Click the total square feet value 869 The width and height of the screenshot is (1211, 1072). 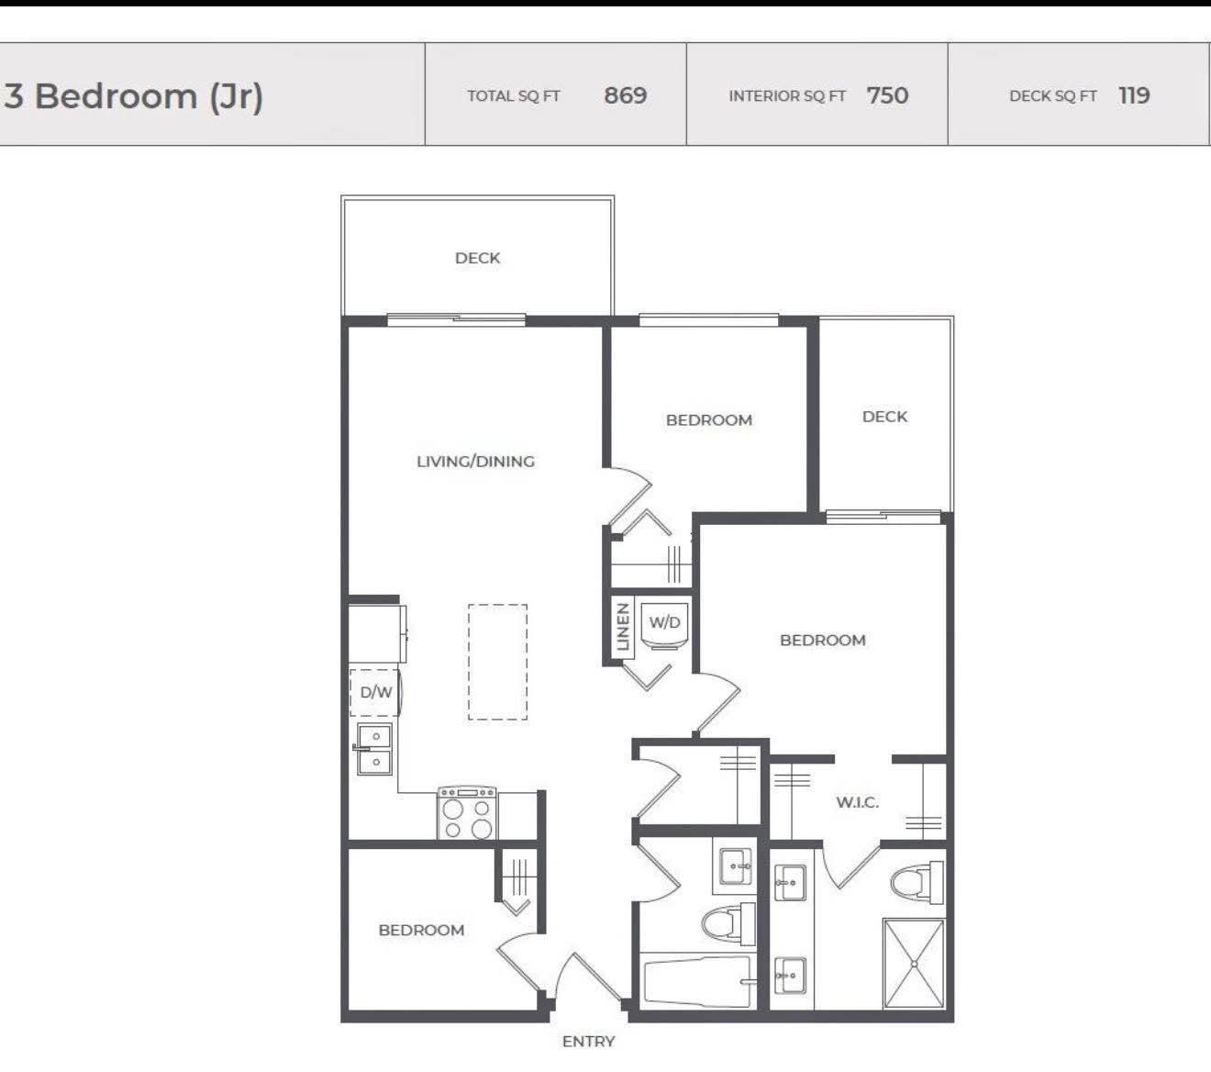tap(625, 95)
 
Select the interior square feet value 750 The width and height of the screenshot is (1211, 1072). tap(887, 95)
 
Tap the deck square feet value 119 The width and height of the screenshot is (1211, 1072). tap(1134, 95)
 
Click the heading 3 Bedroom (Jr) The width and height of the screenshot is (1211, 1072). tap(134, 95)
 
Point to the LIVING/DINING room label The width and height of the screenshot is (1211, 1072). tap(475, 462)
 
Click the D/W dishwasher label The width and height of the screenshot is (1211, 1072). tap(375, 692)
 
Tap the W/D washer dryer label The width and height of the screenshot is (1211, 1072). tap(665, 622)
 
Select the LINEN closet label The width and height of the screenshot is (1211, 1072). tap(623, 627)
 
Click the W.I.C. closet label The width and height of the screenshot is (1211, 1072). tap(857, 802)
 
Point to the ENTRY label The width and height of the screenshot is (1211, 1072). tap(588, 1041)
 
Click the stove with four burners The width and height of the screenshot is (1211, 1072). tap(467, 813)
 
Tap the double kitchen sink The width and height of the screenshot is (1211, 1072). tap(374, 749)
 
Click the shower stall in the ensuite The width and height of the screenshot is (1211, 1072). tap(913, 964)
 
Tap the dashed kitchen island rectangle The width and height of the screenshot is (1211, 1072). tap(497, 662)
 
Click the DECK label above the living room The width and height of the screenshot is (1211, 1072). tap(477, 258)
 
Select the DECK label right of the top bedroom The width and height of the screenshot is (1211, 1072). tap(884, 417)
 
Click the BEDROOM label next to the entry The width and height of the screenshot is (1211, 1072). tap(421, 930)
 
